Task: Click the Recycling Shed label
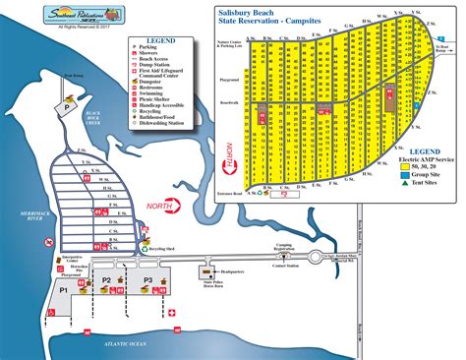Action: point(162,251)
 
